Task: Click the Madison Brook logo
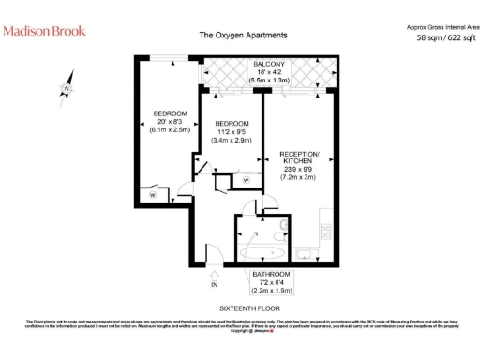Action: [44, 31]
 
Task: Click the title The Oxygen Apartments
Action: [243, 37]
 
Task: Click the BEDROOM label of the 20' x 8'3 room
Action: [171, 113]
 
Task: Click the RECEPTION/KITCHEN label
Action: [300, 157]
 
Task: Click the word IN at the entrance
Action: [214, 284]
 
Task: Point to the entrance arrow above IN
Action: [214, 273]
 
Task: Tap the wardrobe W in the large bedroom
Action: [151, 195]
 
